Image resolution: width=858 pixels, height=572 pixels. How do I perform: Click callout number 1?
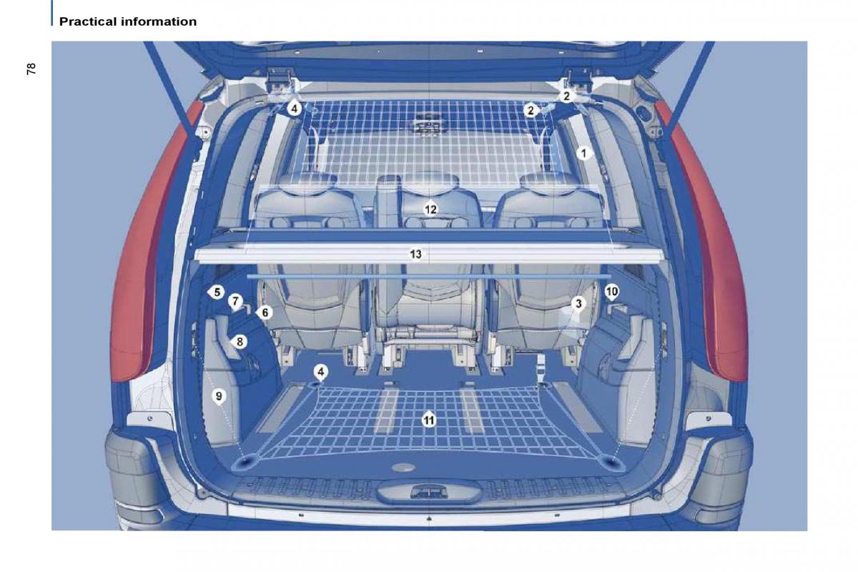pyautogui.click(x=583, y=154)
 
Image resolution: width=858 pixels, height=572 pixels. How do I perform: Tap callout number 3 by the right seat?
pyautogui.click(x=578, y=304)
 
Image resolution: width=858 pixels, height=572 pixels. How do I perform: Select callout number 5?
pyautogui.click(x=217, y=292)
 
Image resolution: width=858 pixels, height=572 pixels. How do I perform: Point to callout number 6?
pyautogui.click(x=265, y=312)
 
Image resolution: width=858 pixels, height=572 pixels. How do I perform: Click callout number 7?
pyautogui.click(x=235, y=301)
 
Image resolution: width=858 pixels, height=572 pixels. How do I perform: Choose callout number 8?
pyautogui.click(x=240, y=341)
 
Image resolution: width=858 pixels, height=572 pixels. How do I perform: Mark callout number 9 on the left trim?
pyautogui.click(x=219, y=396)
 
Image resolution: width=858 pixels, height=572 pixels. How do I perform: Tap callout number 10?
pyautogui.click(x=612, y=292)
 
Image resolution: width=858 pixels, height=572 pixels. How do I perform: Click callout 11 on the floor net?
pyautogui.click(x=429, y=420)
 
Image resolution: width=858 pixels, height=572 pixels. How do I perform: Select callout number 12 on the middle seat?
pyautogui.click(x=430, y=209)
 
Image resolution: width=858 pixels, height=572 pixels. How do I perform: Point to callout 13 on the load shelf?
pyautogui.click(x=415, y=254)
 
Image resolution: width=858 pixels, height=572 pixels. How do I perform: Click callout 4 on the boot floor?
pyautogui.click(x=320, y=372)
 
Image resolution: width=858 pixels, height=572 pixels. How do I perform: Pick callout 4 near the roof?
pyautogui.click(x=294, y=109)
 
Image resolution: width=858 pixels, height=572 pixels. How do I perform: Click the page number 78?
pyautogui.click(x=31, y=69)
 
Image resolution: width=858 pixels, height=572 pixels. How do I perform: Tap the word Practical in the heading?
pyautogui.click(x=87, y=21)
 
